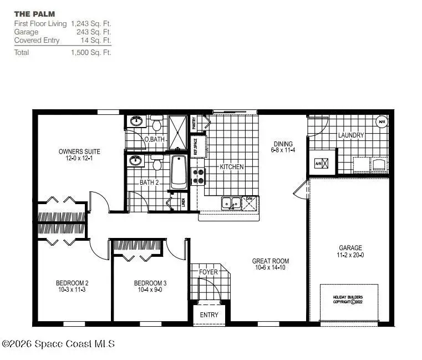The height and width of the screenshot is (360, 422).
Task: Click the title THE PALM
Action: (34, 13)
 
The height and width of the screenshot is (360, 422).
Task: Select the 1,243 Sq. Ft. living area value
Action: (91, 24)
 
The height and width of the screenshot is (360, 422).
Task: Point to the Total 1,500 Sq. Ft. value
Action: (91, 53)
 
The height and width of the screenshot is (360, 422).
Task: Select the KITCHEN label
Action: (232, 167)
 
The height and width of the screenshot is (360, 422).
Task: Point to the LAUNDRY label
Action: (351, 135)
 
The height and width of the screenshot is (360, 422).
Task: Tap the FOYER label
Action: (209, 272)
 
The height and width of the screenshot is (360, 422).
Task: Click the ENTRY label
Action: (209, 315)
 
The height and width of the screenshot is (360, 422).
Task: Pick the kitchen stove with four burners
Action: (198, 176)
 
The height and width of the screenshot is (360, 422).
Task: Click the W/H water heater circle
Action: (382, 121)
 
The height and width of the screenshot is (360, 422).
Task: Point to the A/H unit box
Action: (322, 164)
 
